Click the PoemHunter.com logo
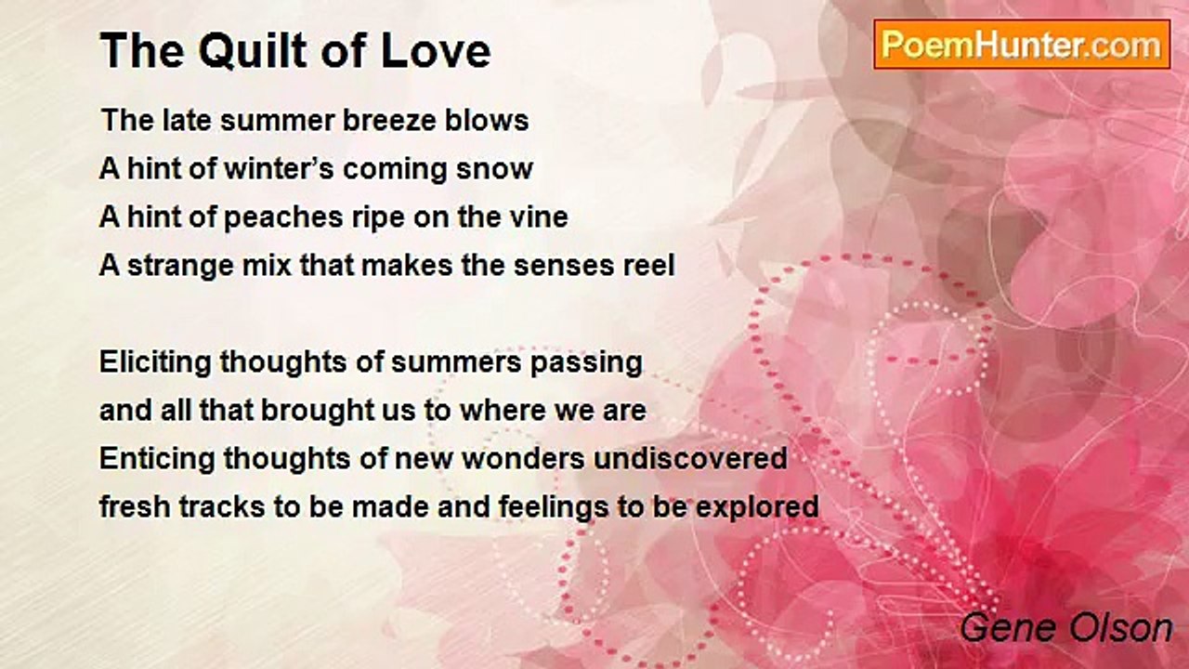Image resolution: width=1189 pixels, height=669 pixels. point(1022,45)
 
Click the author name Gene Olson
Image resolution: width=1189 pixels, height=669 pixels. point(1066,628)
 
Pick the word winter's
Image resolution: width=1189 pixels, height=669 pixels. point(280,169)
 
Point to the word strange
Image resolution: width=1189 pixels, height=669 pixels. point(180,266)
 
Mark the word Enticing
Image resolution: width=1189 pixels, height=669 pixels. point(157,459)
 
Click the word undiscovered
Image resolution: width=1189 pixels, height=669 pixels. point(690,459)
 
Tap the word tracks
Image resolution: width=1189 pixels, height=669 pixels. point(222,507)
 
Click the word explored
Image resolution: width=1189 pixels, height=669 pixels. point(757,508)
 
